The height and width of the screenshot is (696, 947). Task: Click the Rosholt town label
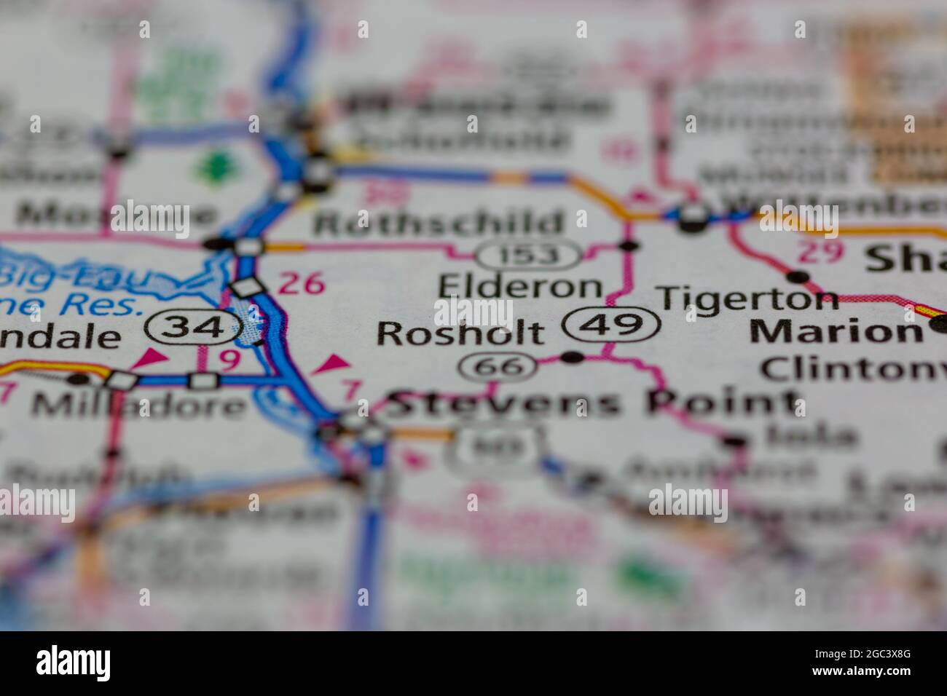pos(460,333)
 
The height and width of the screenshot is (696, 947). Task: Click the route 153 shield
pos(529,255)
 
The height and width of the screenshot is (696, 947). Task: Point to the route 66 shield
pos(498,366)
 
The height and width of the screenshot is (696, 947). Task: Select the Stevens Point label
pos(592,403)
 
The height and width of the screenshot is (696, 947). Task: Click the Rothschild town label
pos(439,223)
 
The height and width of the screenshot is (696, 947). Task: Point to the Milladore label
pos(138,405)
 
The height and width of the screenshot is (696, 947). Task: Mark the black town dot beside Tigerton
pos(798,277)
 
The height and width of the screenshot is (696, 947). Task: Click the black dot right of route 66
pos(574,357)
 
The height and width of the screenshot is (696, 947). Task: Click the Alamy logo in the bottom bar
pos(74,663)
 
